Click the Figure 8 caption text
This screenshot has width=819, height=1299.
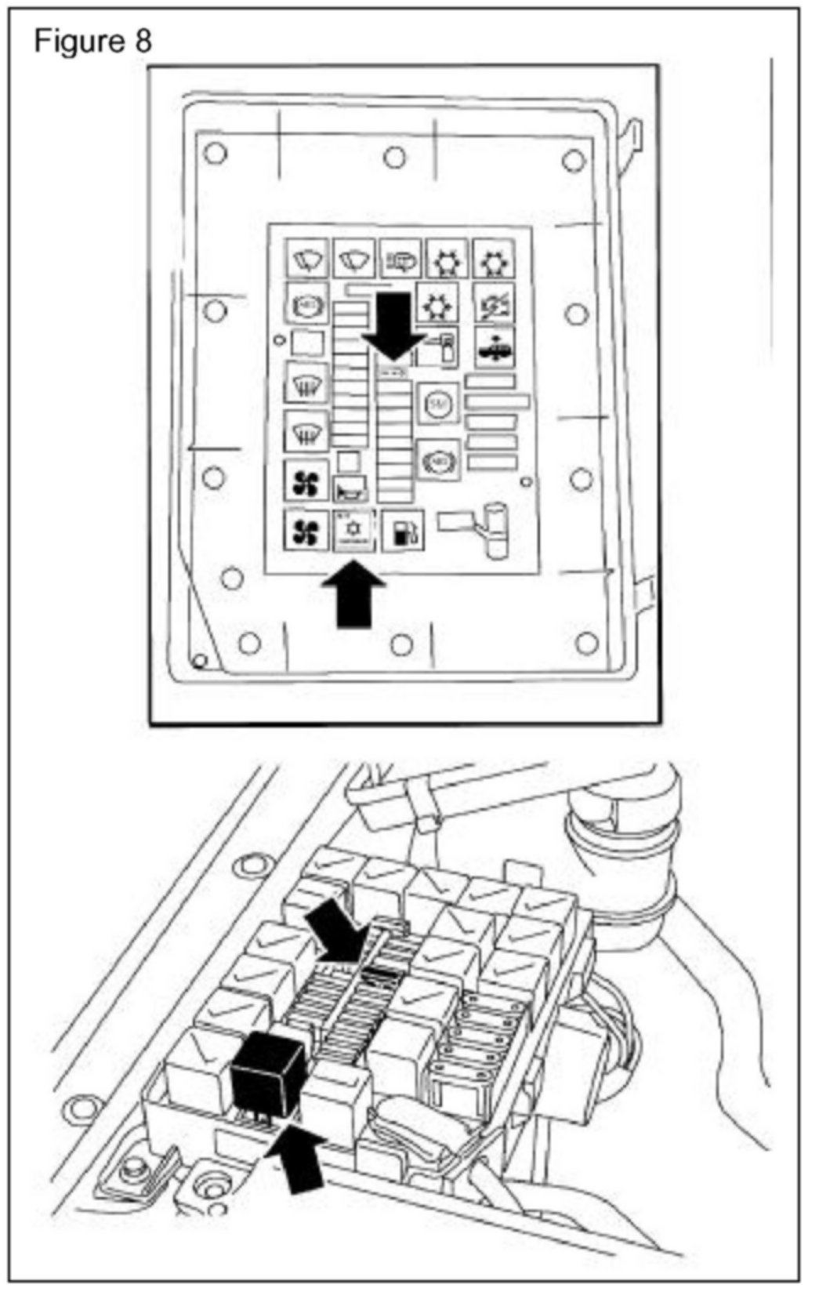click(92, 41)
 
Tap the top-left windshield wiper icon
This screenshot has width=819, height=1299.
click(306, 258)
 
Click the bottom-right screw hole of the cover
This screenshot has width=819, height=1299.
click(586, 644)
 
